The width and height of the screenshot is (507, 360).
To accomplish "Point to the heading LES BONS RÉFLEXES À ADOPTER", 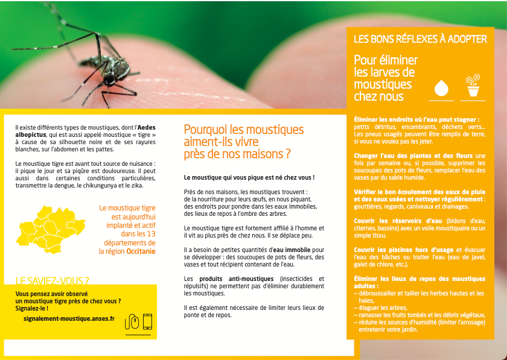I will coord(420,39).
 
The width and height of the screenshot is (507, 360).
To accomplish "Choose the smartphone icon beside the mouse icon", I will coord(147,321).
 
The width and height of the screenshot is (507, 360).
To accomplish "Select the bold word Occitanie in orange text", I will coord(141,251).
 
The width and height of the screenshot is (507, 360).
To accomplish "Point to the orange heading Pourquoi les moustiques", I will coord(243,130).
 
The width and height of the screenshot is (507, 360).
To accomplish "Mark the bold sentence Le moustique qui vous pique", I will coord(249,178).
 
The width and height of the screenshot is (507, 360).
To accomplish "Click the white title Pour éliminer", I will coord(385,60).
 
